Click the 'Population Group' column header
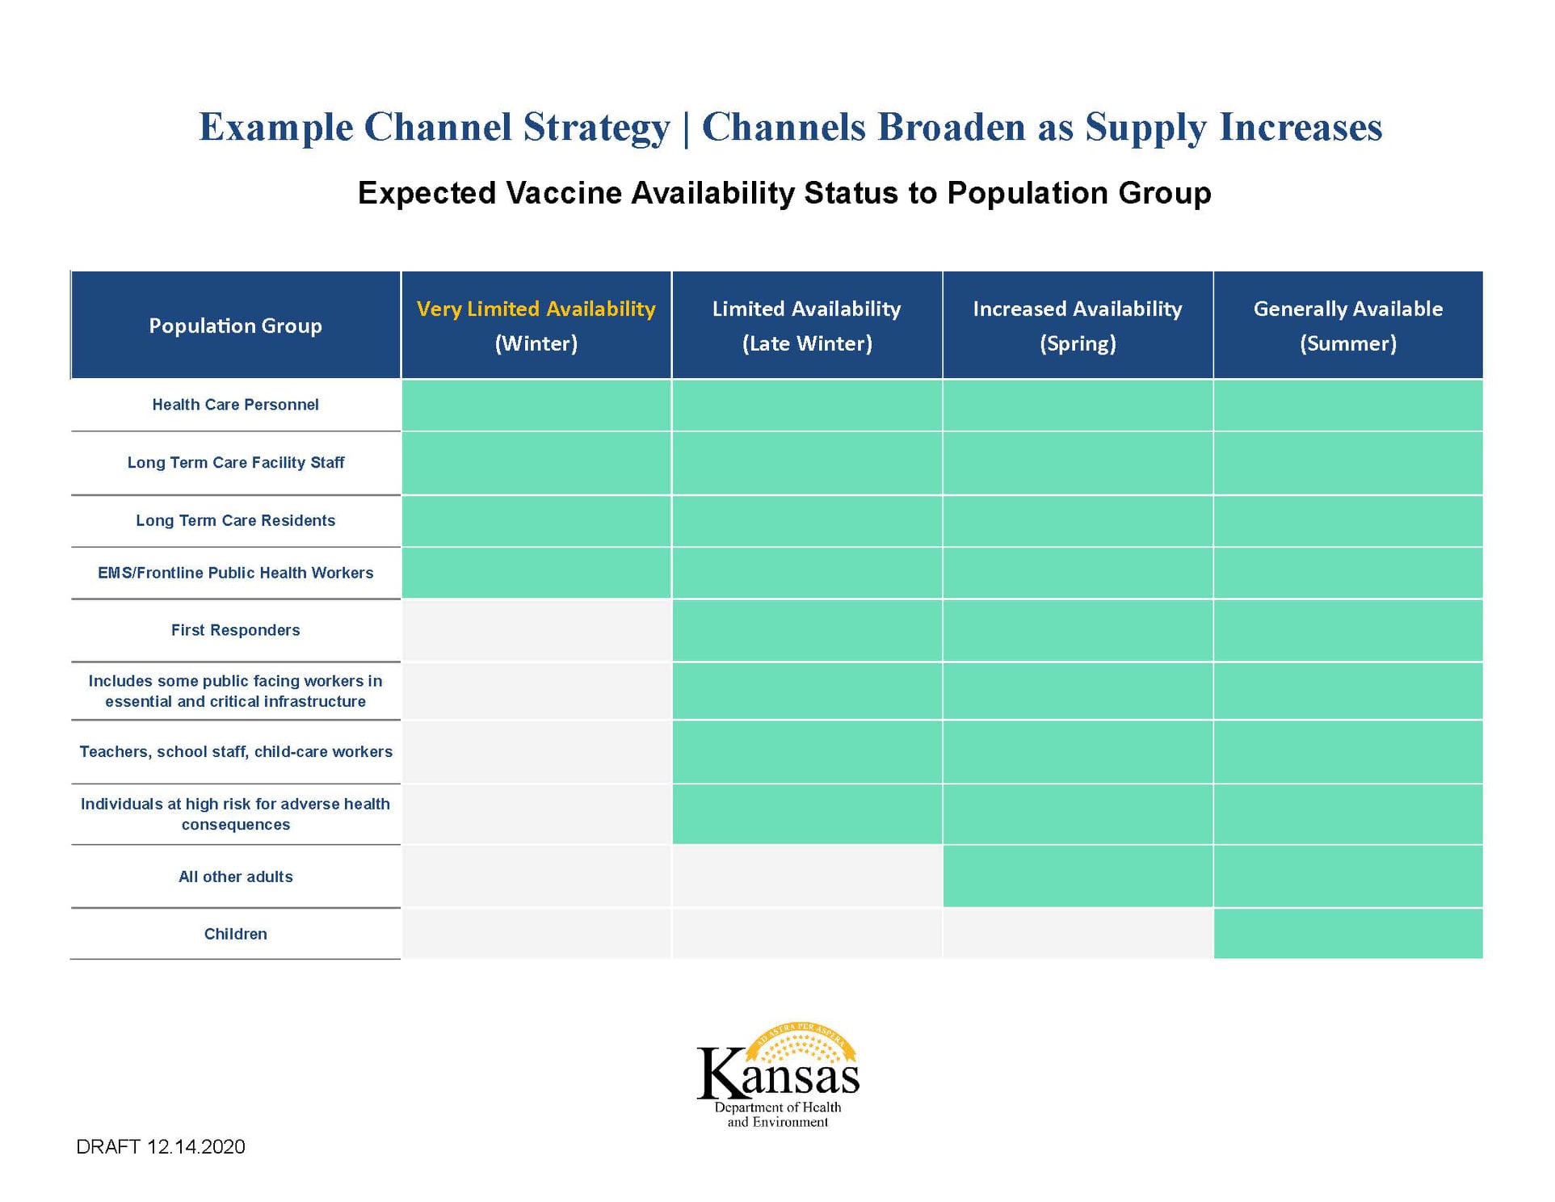235,326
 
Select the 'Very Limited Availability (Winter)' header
536,326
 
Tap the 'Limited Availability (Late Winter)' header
806,326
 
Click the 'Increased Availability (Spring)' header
1077,326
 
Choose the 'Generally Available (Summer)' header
1347,326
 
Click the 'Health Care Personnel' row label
235,405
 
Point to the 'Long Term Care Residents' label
235,521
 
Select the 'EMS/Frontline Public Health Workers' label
235,573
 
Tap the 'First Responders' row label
235,630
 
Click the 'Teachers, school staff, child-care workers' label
235,752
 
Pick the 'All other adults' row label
235,876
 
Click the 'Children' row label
235,934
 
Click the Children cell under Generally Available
1347,934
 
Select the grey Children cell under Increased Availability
1077,934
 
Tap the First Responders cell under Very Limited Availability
536,630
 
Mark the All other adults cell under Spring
1077,876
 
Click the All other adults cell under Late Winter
806,876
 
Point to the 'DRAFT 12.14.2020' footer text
161,1147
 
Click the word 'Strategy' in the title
596,128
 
